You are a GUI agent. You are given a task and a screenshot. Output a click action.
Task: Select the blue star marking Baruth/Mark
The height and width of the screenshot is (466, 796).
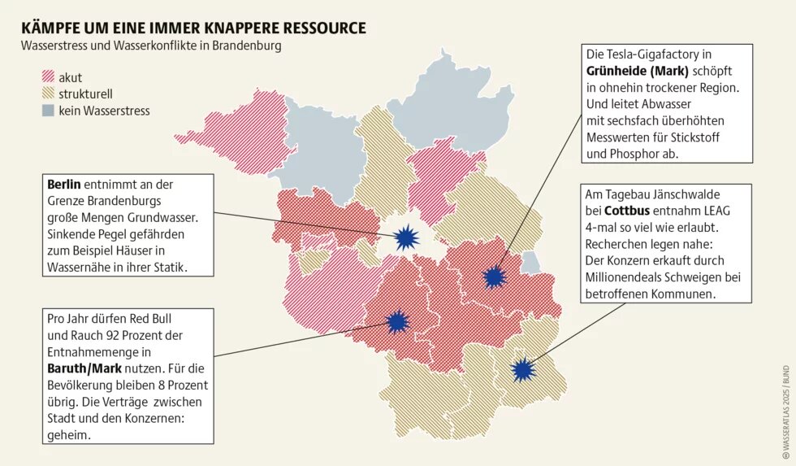tap(396, 322)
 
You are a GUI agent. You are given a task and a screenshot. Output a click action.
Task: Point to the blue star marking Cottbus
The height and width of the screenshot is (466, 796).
tap(524, 371)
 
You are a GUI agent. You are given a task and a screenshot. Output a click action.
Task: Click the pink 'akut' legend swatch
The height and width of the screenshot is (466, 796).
tap(49, 77)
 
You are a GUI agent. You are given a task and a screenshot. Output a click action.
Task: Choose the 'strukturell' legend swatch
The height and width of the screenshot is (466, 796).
tap(49, 94)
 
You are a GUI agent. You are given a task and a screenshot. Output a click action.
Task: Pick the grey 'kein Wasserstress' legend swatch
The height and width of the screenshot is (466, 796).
tap(49, 110)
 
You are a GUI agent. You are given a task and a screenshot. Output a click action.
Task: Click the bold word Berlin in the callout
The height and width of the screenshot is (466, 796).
tap(64, 185)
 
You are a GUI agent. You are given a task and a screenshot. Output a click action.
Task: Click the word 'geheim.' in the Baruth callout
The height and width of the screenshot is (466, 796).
tap(69, 435)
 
